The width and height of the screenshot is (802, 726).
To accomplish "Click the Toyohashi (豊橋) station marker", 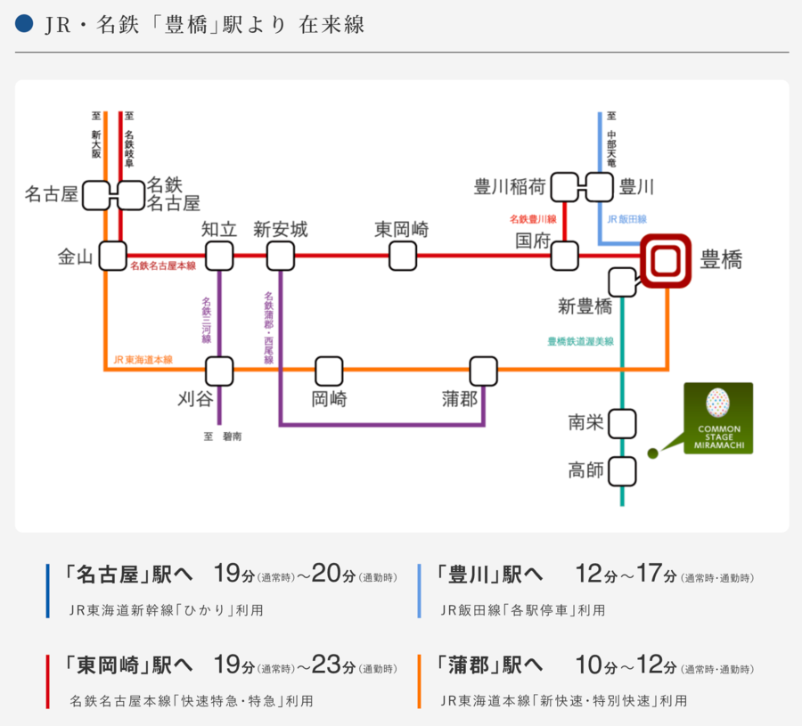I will [667, 261].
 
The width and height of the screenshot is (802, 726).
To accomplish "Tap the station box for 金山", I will [112, 257].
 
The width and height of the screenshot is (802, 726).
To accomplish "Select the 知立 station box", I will [218, 257].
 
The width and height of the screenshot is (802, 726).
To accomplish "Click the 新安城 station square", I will [281, 257].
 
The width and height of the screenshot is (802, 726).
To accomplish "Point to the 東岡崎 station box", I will [402, 257].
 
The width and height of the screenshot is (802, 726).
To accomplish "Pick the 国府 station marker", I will [564, 257].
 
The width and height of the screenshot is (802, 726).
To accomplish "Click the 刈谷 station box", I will [218, 371].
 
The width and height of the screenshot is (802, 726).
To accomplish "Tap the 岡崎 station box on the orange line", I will [329, 371].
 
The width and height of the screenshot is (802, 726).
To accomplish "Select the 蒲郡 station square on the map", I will [483, 371].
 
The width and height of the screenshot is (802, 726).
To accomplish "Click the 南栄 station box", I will [622, 423].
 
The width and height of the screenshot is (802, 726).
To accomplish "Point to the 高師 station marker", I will [622, 470].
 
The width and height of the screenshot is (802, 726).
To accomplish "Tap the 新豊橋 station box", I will [622, 282].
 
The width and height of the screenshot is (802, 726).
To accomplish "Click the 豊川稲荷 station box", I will [565, 188].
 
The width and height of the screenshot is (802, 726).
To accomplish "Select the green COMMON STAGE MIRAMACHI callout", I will [717, 418].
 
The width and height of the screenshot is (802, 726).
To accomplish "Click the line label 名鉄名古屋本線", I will [163, 266].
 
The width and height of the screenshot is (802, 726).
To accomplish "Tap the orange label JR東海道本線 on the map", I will [143, 360].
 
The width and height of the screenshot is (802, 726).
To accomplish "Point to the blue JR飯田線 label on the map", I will [627, 219].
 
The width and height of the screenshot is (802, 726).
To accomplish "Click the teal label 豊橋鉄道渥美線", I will [580, 341].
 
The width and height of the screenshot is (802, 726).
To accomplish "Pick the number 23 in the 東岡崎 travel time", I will [326, 664].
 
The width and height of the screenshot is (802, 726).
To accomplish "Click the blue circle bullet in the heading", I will [25, 25].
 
